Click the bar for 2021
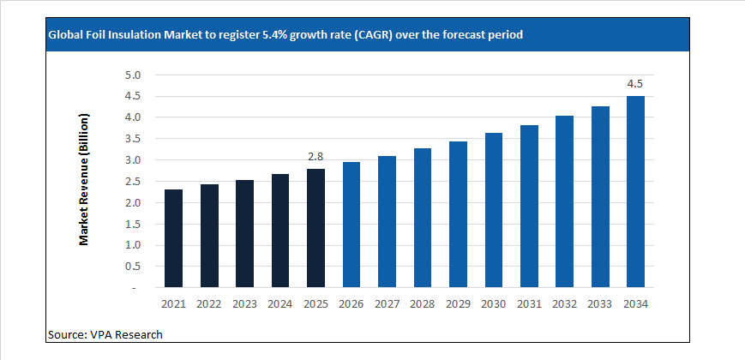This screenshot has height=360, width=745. [173, 238]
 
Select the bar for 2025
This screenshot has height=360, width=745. [315, 228]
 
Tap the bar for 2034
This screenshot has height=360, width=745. [635, 192]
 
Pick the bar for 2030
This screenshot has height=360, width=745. [493, 210]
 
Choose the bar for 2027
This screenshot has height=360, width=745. [387, 222]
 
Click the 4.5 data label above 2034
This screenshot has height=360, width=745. [635, 84]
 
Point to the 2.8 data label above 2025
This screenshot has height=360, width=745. [315, 157]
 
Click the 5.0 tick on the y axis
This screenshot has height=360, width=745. [131, 75]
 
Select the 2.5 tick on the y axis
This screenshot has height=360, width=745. [131, 182]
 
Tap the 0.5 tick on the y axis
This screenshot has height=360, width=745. [131, 267]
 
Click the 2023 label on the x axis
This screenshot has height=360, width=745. [244, 303]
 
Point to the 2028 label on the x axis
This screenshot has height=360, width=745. [422, 303]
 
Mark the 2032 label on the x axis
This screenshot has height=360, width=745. [564, 303]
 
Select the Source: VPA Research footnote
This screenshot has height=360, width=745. [105, 334]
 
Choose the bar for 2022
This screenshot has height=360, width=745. [209, 236]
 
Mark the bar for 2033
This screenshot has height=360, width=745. [600, 197]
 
